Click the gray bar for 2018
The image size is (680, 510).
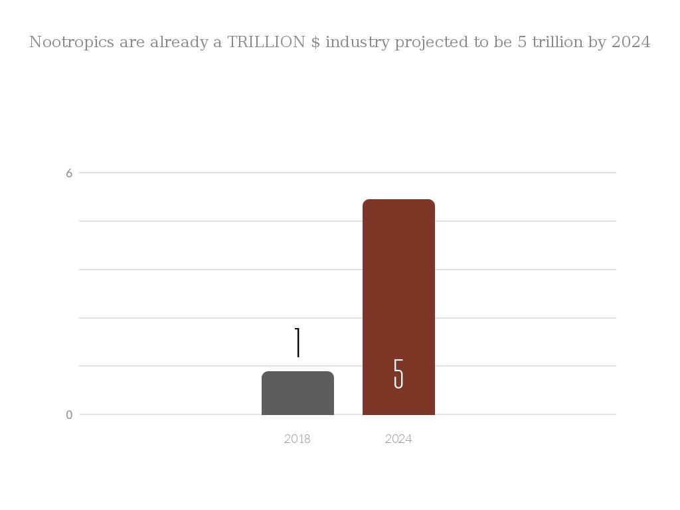coord(297,393)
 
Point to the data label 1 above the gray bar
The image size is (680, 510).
coord(298,343)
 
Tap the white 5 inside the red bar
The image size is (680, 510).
coord(398,374)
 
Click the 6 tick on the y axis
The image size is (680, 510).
coord(69,173)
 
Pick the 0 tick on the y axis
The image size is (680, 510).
coord(69,415)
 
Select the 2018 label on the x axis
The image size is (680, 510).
coord(297,439)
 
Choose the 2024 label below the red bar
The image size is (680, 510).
coord(398,439)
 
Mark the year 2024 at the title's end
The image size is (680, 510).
coord(631,42)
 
